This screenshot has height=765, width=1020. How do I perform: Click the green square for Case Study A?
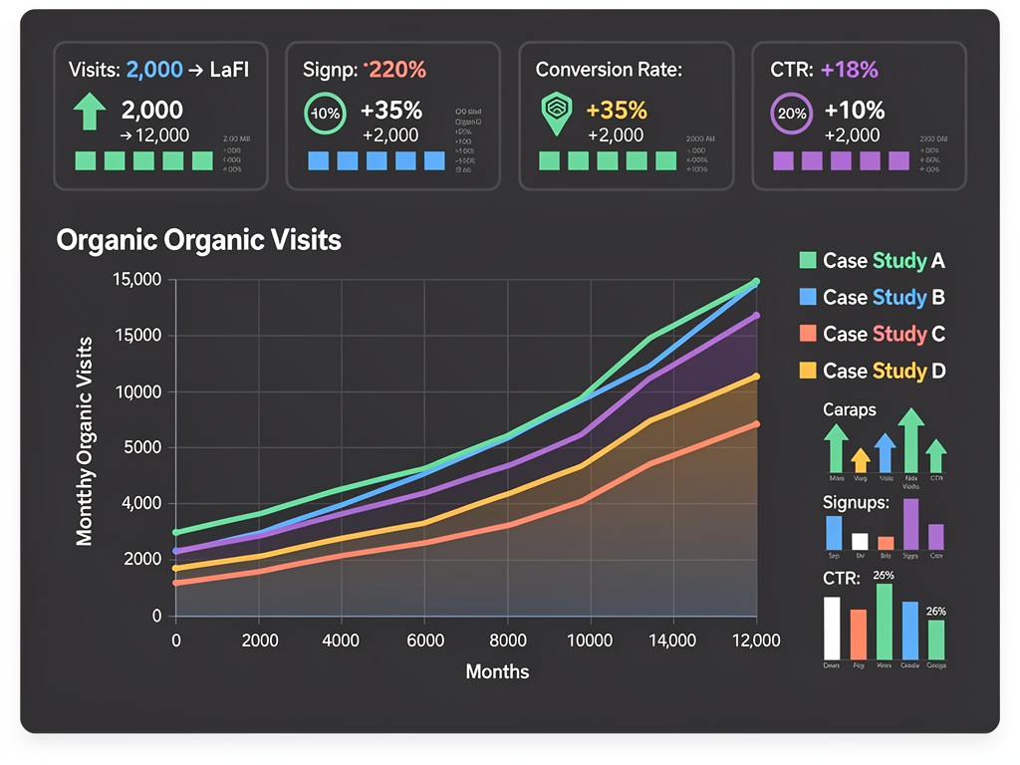[808, 261]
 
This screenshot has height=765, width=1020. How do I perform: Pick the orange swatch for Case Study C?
[808, 334]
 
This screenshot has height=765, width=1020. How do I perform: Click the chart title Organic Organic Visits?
[198, 240]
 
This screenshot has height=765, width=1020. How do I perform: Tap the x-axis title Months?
[497, 671]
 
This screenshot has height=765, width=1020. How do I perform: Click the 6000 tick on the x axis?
[424, 640]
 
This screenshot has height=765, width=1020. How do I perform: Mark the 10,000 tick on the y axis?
[138, 391]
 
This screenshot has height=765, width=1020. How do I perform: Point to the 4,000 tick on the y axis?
[140, 504]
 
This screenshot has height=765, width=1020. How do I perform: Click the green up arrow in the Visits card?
[90, 112]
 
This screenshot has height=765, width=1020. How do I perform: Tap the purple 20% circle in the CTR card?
[792, 113]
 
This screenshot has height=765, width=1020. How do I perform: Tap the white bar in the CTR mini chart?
[833, 628]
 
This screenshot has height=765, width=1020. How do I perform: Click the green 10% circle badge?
[326, 113]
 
